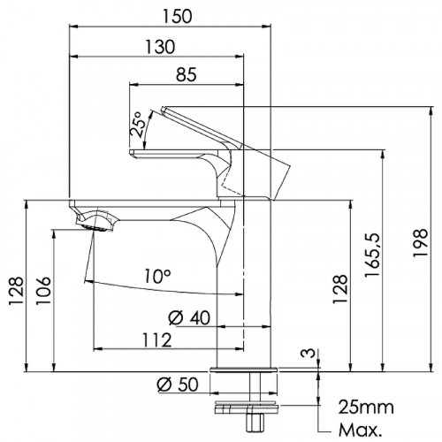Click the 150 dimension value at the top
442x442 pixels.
click(178, 17)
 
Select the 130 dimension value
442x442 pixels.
click(160, 47)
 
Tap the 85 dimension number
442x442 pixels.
click(187, 74)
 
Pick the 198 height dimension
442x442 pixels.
click(420, 243)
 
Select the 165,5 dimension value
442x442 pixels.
click(372, 255)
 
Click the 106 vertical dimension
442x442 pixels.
click(43, 291)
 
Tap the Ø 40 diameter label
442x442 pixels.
click(189, 317)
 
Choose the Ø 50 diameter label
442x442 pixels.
click(178, 385)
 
